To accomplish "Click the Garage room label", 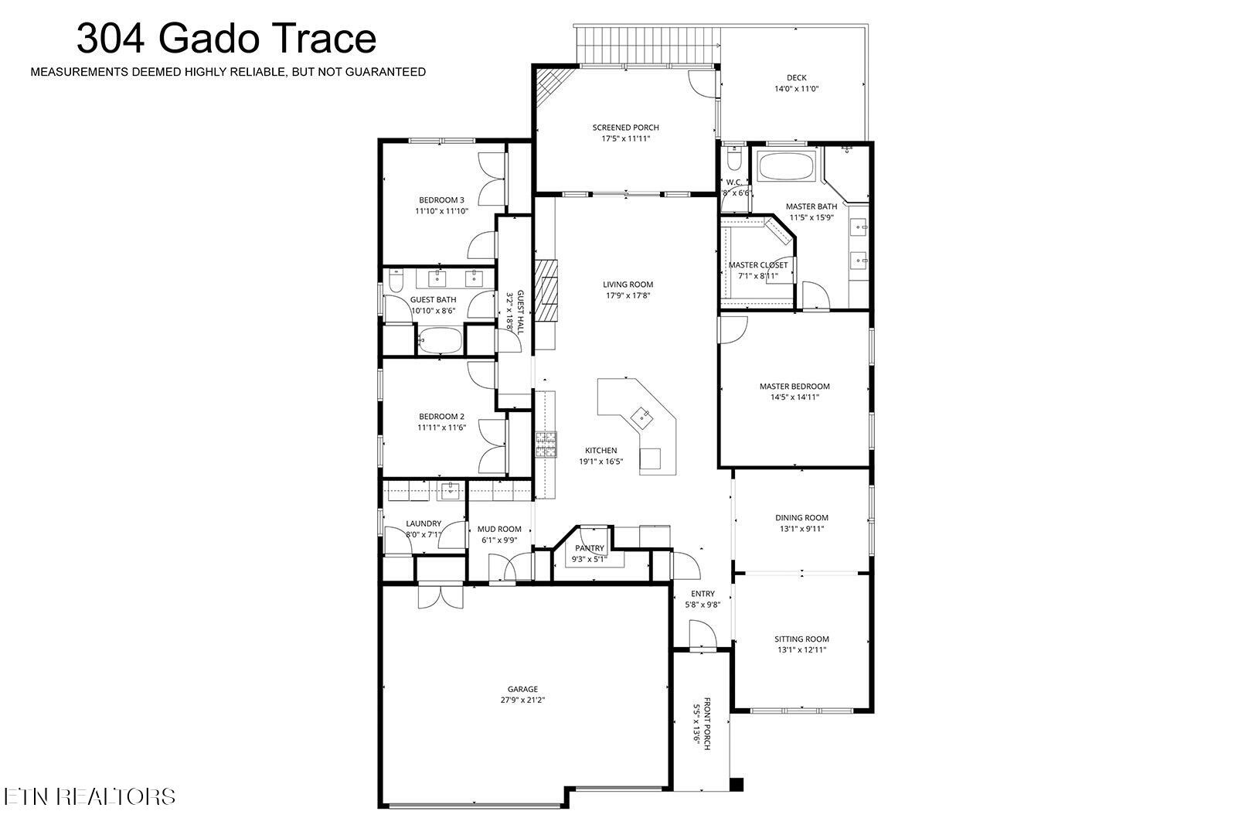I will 522,689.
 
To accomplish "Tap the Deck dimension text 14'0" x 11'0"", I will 796,89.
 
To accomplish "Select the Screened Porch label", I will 625,128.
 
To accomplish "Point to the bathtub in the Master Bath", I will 785,167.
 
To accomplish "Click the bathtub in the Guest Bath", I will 440,339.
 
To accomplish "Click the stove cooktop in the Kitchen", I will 546,445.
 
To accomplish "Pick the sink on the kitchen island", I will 641,418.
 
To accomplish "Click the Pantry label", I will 589,548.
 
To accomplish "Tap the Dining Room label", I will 801,518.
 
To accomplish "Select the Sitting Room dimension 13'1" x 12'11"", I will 801,650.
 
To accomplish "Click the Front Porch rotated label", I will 701,724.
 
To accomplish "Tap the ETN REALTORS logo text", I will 89,796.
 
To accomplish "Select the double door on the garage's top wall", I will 440,596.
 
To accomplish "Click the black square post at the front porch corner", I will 737,784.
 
